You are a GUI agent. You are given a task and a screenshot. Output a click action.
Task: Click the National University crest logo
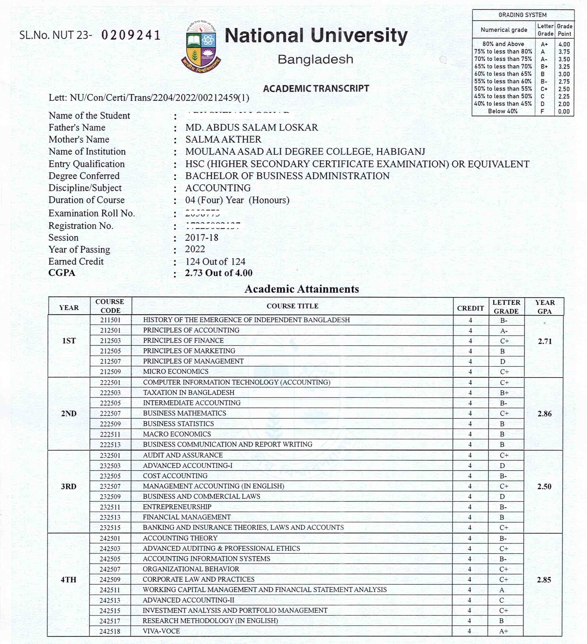201,46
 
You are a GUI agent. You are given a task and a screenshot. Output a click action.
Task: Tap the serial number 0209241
131,35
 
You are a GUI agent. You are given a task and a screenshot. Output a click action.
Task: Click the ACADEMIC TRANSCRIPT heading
316,88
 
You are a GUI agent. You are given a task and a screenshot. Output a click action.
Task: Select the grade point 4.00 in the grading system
564,44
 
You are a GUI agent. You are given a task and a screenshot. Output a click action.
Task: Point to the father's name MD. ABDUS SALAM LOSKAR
251,128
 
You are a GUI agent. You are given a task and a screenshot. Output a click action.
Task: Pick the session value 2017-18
201,238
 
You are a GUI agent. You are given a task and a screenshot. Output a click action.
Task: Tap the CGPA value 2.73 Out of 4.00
219,273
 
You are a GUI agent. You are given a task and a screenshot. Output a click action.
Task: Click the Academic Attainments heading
301,289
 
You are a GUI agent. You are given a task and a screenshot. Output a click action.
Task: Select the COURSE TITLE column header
292,306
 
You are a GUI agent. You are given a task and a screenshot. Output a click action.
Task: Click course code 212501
110,330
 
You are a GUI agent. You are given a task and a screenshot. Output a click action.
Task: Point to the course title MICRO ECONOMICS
176,372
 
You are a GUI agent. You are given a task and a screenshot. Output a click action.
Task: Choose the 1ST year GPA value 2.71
545,341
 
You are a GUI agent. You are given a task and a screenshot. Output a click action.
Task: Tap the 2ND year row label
69,414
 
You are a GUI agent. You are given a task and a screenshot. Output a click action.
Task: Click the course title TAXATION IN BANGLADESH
189,393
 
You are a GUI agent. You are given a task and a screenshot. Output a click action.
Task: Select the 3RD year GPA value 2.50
544,487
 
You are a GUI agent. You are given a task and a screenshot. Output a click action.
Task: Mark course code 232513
110,517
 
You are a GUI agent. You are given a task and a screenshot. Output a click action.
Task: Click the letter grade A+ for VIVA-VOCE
503,631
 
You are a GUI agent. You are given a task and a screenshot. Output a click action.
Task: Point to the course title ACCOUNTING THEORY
180,538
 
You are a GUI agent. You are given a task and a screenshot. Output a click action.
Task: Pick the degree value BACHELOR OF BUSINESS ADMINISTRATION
287,176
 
